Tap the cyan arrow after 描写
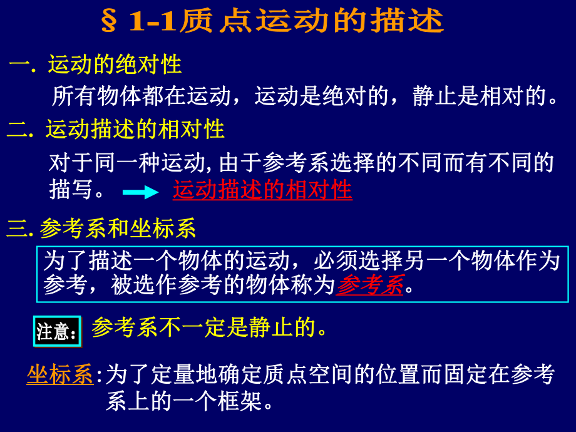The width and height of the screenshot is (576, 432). click(140, 192)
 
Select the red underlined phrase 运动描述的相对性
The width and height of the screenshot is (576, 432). click(262, 190)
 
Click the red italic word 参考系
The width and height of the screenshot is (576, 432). click(370, 285)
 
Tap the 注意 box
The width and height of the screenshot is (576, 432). click(57, 331)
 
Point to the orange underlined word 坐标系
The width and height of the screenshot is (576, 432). click(60, 374)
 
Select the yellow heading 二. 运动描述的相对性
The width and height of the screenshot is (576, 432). click(116, 130)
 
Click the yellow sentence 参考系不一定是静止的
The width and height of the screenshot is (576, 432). click(210, 327)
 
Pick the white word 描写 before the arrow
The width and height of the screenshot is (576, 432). click(71, 190)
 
